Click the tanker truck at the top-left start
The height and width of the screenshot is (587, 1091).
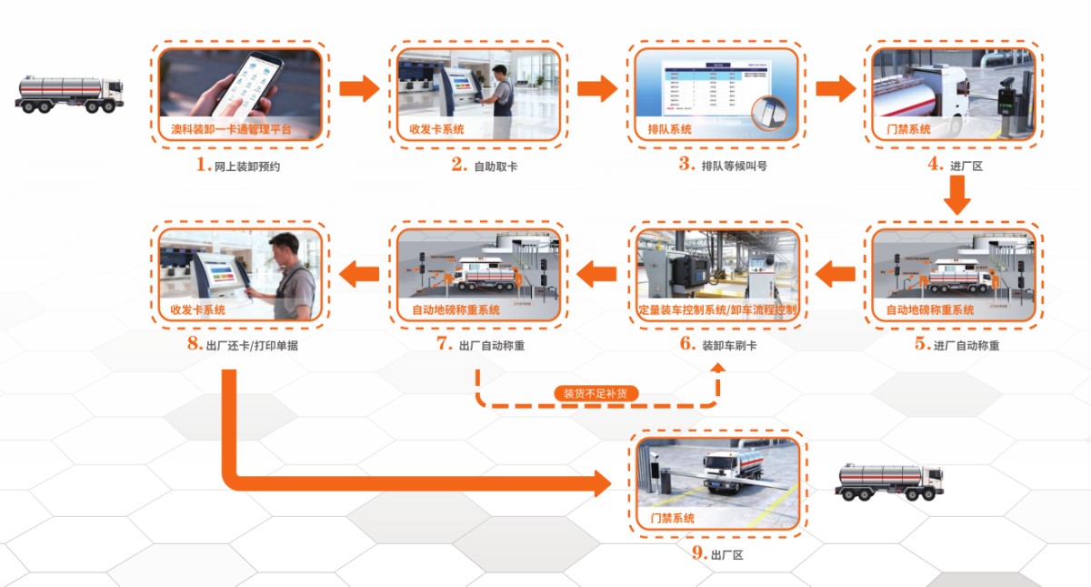coord(69,93)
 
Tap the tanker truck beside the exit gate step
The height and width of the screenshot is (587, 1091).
coord(889,481)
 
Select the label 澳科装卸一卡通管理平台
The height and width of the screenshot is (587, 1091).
coord(232,130)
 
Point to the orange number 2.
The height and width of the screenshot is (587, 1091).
coord(459,166)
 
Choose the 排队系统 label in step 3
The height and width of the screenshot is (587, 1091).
coord(667,129)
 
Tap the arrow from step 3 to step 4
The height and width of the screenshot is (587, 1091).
coord(835,88)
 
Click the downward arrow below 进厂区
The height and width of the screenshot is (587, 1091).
coord(957,195)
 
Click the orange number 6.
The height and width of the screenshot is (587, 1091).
coord(687,345)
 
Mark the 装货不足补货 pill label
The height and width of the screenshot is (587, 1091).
coord(596,394)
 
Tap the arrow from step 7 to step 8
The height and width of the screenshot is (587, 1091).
coord(359,270)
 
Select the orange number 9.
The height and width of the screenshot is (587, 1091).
coord(697,553)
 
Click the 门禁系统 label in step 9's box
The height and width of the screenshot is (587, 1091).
coord(673,518)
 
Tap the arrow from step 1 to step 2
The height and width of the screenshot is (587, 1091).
coord(359,88)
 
